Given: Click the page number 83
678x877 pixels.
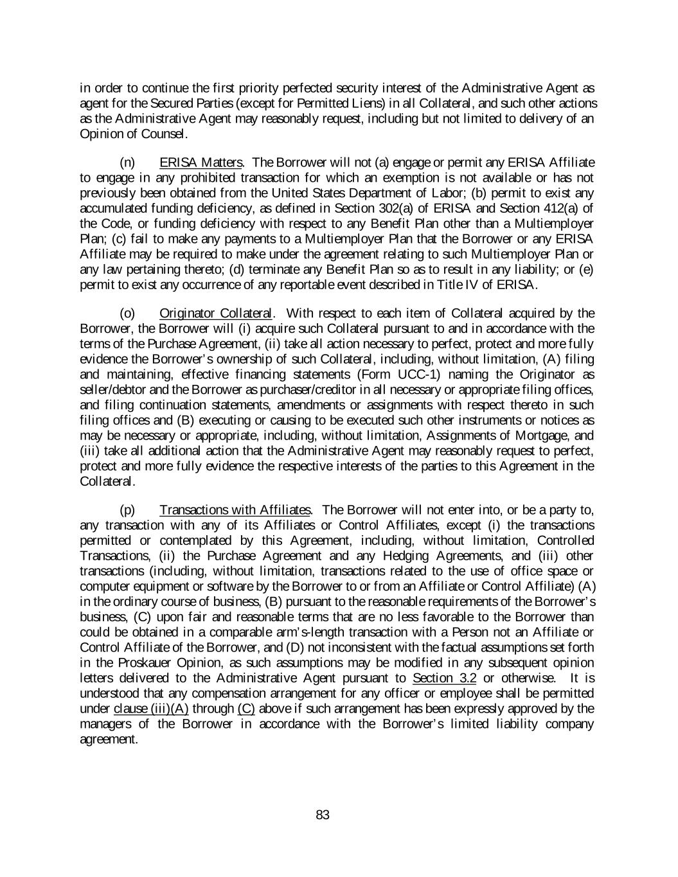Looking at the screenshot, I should [x=323, y=815].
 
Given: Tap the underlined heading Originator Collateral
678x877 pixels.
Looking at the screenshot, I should [x=216, y=314].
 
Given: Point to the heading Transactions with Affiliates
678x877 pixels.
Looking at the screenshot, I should [x=235, y=510].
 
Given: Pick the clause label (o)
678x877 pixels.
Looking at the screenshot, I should [x=127, y=314].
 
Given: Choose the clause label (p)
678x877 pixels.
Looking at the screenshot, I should [x=127, y=510].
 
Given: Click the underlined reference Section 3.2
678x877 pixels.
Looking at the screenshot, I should [x=444, y=678].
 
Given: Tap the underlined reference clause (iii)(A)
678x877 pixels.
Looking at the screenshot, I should [x=151, y=709].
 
